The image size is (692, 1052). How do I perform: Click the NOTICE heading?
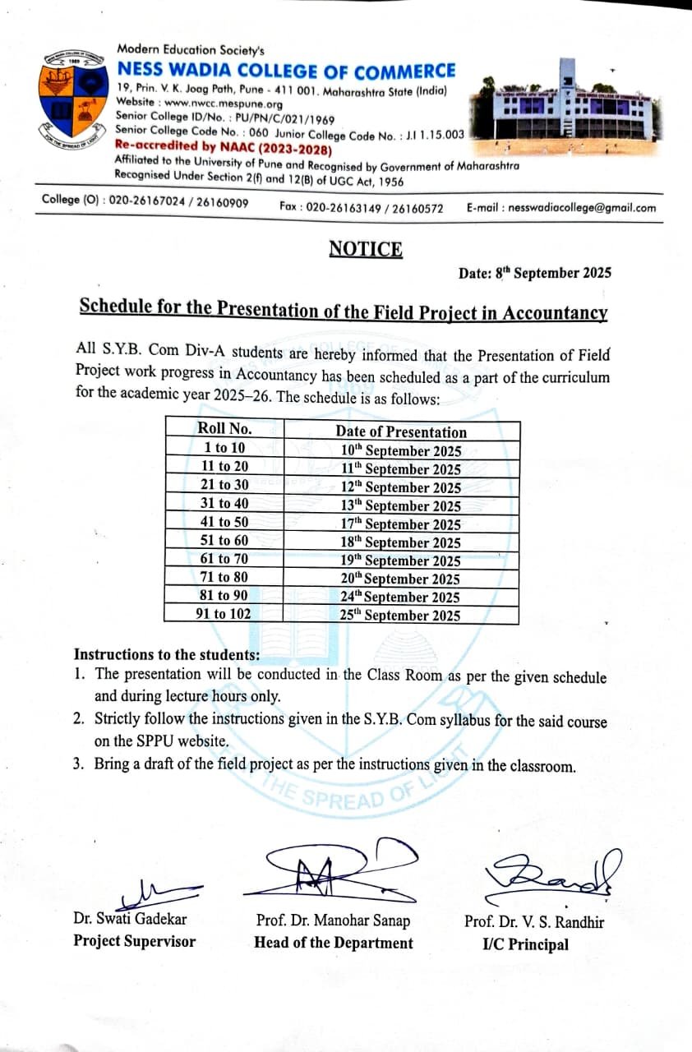tap(366, 249)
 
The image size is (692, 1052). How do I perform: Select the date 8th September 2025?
tap(535, 274)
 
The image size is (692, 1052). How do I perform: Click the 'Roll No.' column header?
tap(224, 429)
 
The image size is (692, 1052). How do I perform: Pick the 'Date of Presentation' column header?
tap(401, 432)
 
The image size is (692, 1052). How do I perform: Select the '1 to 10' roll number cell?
tap(224, 448)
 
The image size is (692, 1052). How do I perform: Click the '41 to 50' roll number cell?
tap(224, 522)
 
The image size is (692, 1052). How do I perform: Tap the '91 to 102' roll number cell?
tap(224, 614)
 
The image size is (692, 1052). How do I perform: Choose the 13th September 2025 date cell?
tap(401, 505)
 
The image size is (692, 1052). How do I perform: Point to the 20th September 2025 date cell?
tap(401, 579)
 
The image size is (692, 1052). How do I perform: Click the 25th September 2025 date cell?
tap(401, 615)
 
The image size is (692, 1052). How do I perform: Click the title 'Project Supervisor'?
tap(135, 942)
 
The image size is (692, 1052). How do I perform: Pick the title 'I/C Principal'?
tap(525, 944)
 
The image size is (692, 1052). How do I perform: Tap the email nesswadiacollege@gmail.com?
tap(582, 208)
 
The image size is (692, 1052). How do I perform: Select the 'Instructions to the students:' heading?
tap(167, 655)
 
